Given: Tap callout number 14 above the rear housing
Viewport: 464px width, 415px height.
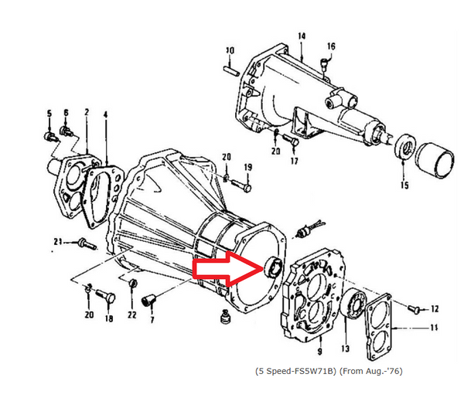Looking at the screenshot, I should (x=302, y=36).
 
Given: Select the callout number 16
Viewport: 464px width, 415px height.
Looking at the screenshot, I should (x=331, y=46).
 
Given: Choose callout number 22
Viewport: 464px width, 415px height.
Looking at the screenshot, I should (x=132, y=315).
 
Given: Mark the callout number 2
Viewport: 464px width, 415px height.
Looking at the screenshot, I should (x=86, y=113).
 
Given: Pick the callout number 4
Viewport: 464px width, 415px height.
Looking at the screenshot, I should (x=105, y=115).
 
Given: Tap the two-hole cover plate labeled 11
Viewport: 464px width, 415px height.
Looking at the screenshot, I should (x=383, y=328).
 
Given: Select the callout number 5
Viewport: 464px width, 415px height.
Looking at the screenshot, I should (x=49, y=114).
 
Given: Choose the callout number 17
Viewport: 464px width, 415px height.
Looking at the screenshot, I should (x=295, y=162).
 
